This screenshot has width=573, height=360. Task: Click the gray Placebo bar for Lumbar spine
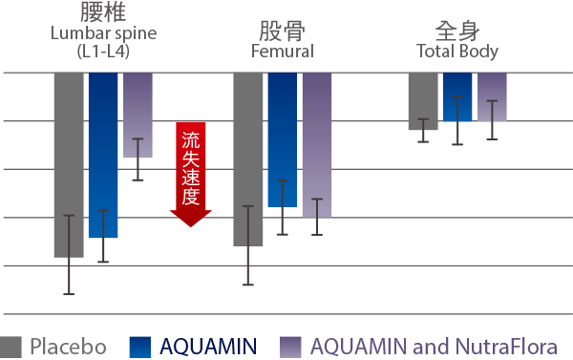(69, 165)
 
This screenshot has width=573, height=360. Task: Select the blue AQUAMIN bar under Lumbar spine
(103, 155)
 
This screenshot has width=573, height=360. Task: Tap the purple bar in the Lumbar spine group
(138, 115)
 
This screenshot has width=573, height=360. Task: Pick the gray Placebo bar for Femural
(248, 159)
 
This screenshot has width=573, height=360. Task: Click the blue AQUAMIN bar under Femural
(283, 139)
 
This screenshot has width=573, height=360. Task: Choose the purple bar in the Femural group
(317, 145)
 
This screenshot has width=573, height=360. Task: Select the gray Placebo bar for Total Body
(423, 101)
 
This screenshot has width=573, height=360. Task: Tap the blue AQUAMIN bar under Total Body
(457, 96)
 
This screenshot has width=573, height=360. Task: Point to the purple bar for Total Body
(492, 96)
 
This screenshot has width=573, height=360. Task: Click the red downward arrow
(191, 175)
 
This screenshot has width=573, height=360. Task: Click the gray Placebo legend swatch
(11, 347)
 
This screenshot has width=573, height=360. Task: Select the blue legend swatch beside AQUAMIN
(140, 347)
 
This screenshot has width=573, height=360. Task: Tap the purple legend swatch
(290, 347)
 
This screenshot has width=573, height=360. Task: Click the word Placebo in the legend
(69, 347)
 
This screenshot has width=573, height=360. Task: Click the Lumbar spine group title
(104, 33)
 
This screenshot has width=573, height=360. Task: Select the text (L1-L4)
(103, 52)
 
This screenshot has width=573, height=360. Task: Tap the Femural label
(283, 52)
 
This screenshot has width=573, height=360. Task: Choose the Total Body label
(457, 52)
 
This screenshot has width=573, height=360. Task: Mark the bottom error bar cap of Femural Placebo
(248, 285)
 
